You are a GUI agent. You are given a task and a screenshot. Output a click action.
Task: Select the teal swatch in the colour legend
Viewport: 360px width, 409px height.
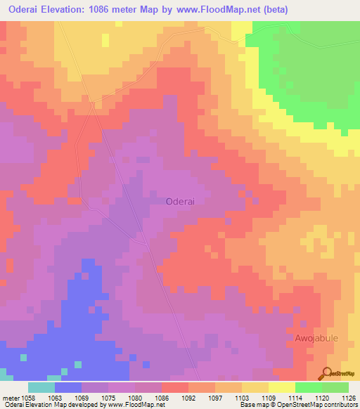(x=41, y=388)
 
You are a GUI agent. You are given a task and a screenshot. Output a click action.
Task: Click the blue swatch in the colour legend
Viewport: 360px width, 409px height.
(x=68, y=388)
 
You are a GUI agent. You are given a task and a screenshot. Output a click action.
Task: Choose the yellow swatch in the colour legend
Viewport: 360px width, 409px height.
(x=282, y=388)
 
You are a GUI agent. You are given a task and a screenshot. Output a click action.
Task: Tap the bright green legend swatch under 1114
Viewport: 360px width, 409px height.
(x=309, y=388)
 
